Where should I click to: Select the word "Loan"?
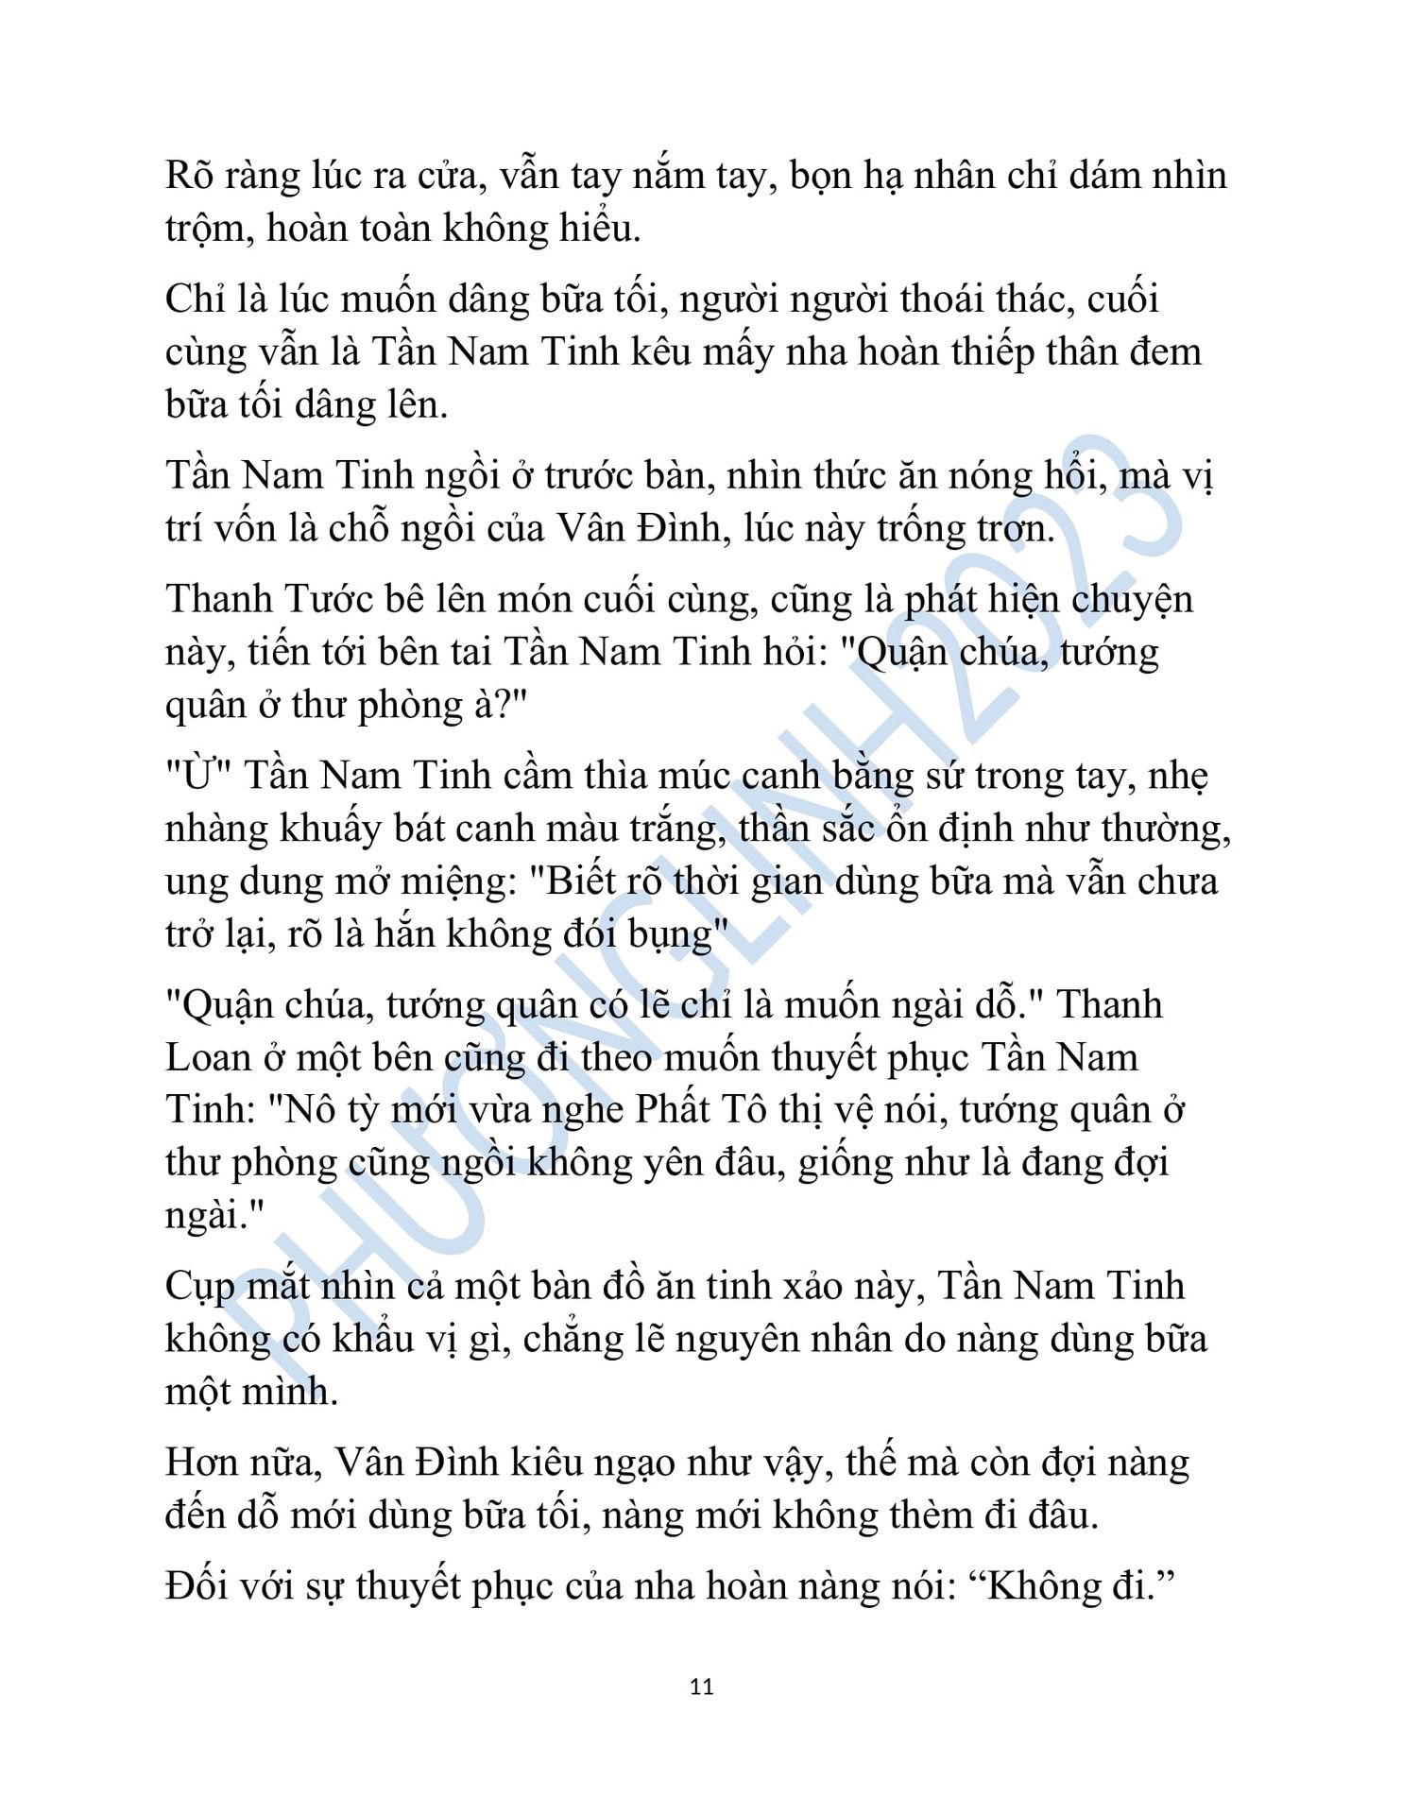205,1057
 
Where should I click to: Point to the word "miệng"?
447,881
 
